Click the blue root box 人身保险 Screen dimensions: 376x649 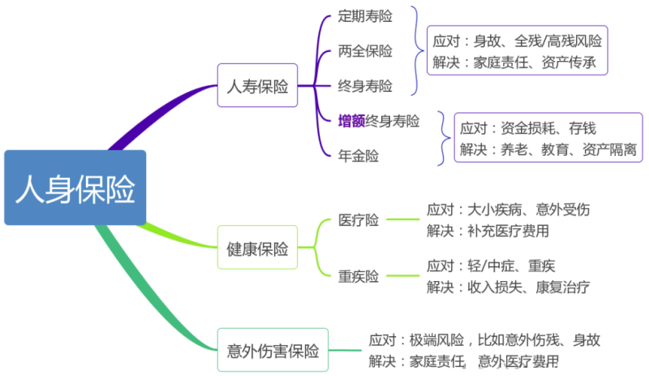[75, 188]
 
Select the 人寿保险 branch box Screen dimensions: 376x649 [258, 85]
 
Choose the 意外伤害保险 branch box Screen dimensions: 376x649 [273, 351]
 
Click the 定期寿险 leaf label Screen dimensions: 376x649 [365, 16]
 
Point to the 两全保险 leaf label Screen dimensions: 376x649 [365, 51]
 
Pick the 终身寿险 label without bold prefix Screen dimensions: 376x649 [365, 85]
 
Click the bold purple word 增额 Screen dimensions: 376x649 [351, 121]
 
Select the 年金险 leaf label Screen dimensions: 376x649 [359, 154]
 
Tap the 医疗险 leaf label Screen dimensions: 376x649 [359, 220]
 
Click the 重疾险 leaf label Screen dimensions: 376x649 [359, 276]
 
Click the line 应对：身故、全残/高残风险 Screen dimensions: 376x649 [518, 41]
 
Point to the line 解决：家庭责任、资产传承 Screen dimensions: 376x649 [518, 62]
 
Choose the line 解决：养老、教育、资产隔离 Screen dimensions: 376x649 [545, 149]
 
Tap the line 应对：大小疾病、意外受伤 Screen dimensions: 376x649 [508, 210]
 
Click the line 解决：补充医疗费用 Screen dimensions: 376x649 [488, 230]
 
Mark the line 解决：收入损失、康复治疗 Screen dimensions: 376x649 [508, 286]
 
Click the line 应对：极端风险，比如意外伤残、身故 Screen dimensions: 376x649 [484, 339]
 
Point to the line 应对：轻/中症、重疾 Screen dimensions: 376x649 [491, 266]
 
